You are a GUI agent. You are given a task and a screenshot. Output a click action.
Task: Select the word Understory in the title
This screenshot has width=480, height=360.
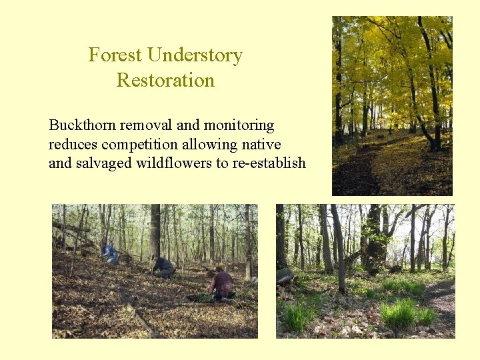point(195,55)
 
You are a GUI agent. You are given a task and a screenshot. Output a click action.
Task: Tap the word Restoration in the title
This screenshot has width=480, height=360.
point(165,81)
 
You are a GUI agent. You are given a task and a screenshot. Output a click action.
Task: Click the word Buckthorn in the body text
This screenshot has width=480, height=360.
point(77,125)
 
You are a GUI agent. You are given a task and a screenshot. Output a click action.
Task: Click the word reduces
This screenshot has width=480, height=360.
point(70,145)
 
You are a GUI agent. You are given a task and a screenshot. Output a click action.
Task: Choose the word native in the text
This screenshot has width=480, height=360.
point(263,145)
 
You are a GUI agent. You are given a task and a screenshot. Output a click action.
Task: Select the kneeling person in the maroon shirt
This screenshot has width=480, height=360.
point(223,284)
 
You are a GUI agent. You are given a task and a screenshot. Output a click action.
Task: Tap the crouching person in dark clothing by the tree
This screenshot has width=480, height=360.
point(163,267)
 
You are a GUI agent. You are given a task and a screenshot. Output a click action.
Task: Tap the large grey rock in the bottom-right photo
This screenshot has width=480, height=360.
point(286,276)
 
